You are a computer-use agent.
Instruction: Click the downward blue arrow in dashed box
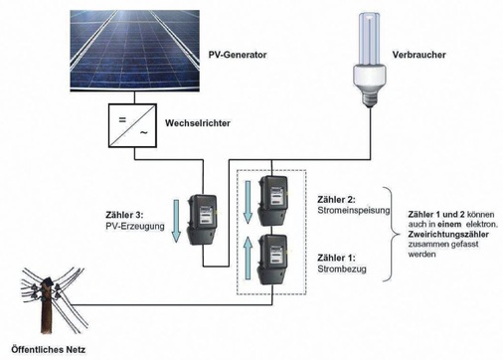click(248, 204)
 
